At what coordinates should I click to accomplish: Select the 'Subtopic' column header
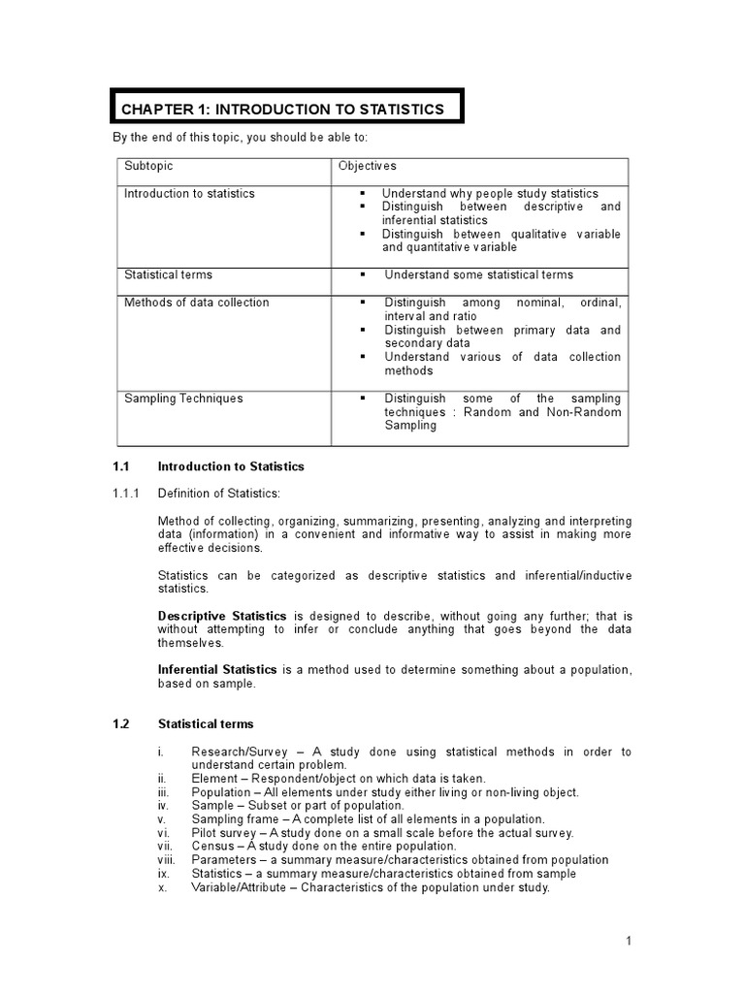[148, 167]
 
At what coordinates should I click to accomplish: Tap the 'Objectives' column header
[367, 167]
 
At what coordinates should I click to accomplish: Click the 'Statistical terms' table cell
[168, 274]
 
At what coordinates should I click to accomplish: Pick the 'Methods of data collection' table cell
[196, 303]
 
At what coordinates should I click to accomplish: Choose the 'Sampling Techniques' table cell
[183, 399]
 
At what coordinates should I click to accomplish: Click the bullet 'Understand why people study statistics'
[490, 194]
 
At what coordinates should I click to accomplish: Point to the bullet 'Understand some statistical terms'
[478, 274]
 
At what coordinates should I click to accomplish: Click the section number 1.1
[122, 466]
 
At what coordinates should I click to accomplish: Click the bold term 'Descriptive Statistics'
[222, 616]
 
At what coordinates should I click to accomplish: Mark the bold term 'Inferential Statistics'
[217, 670]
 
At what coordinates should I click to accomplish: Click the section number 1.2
[121, 724]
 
